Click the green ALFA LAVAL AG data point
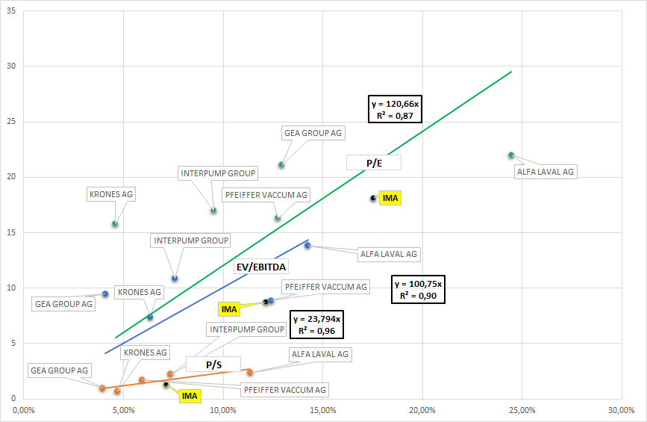(511, 155)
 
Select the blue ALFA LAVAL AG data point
(307, 245)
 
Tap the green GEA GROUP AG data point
(281, 165)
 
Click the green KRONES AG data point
(115, 224)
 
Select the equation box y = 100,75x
(419, 289)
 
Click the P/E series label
(374, 162)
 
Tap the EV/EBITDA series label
(262, 266)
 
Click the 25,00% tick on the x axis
(522, 410)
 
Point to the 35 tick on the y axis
(11, 11)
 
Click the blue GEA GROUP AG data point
(105, 294)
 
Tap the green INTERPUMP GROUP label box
(219, 173)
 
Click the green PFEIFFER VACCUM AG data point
(277, 218)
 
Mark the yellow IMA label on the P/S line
(190, 396)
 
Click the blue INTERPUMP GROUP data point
(175, 279)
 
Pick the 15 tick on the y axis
(11, 232)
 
